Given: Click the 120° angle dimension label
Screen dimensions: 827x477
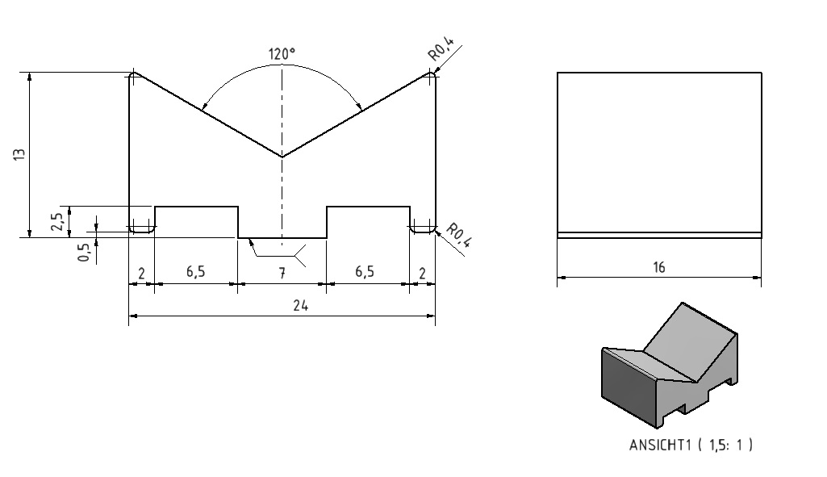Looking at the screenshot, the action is pos(282,54).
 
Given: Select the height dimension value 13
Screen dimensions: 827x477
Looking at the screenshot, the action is pos(19,155).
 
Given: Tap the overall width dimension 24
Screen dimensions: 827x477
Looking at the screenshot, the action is pos(300,306).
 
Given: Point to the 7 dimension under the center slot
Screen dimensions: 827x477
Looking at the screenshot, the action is pos(282,273).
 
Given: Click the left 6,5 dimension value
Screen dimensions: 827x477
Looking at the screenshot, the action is pos(196,272).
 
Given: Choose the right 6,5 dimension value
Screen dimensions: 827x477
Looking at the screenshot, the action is pos(365,272).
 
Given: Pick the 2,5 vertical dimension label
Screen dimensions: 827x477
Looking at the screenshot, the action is pos(57,221).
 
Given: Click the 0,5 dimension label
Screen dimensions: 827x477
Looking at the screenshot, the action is pos(84,252).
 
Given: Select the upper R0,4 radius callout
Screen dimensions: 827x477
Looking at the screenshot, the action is pos(441,49).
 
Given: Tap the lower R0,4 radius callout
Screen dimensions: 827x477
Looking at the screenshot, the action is pos(458,236).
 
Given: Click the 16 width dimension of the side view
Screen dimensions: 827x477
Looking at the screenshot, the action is pos(658,267).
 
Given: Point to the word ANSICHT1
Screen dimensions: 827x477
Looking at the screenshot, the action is pos(660,445).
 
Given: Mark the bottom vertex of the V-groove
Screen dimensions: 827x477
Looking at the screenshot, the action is pos(282,157).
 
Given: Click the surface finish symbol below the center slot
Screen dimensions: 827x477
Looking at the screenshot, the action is pos(277,252).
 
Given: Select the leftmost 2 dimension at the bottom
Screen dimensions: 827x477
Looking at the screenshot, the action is pos(141,274).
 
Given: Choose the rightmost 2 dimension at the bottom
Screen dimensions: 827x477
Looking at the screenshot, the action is pos(422,274).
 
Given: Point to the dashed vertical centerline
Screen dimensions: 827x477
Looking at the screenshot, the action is pos(282,156).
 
